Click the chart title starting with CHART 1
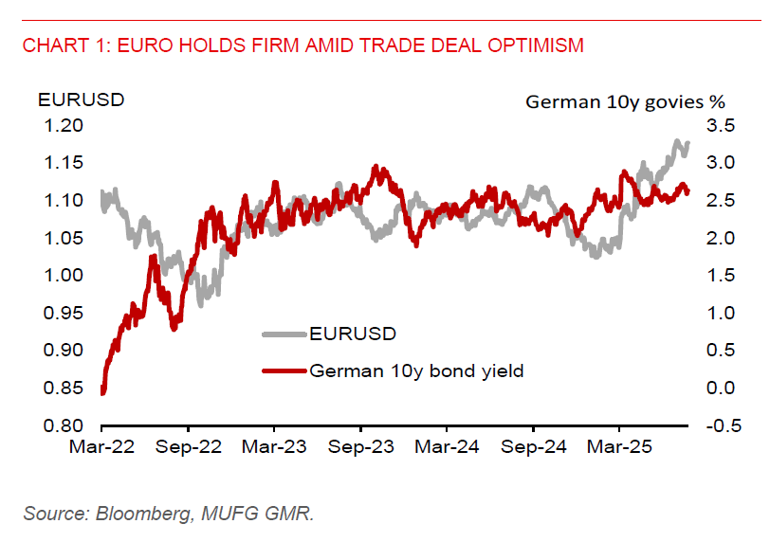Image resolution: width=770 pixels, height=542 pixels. pos(302,45)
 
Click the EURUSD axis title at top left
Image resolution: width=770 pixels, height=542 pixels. pos(69,99)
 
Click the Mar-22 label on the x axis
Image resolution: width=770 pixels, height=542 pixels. pos(101,446)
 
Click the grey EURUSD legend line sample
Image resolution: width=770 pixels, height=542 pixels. pos(284,334)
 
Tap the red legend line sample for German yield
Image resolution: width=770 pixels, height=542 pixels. pos(284,370)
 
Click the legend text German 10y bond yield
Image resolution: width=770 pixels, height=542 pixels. pos(416,370)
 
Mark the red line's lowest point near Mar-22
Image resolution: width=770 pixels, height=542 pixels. pos(102,392)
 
